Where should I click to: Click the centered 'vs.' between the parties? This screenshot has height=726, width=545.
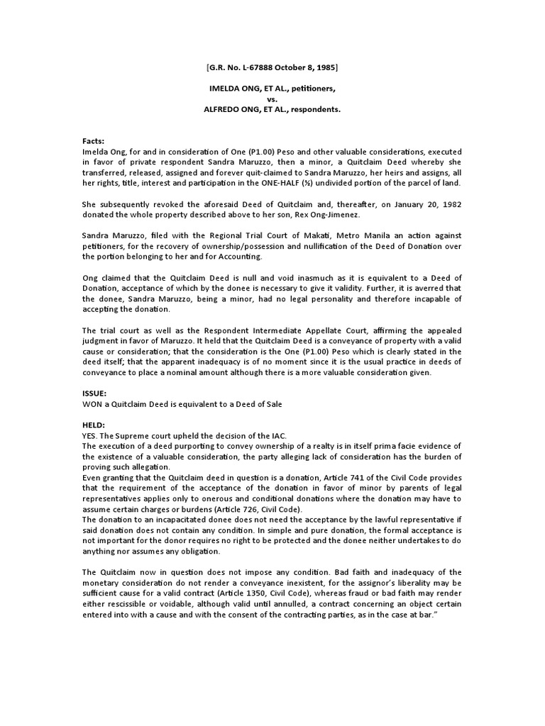point(272,100)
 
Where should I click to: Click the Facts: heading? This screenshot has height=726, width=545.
point(94,142)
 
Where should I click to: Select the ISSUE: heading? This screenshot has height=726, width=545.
point(95,391)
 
